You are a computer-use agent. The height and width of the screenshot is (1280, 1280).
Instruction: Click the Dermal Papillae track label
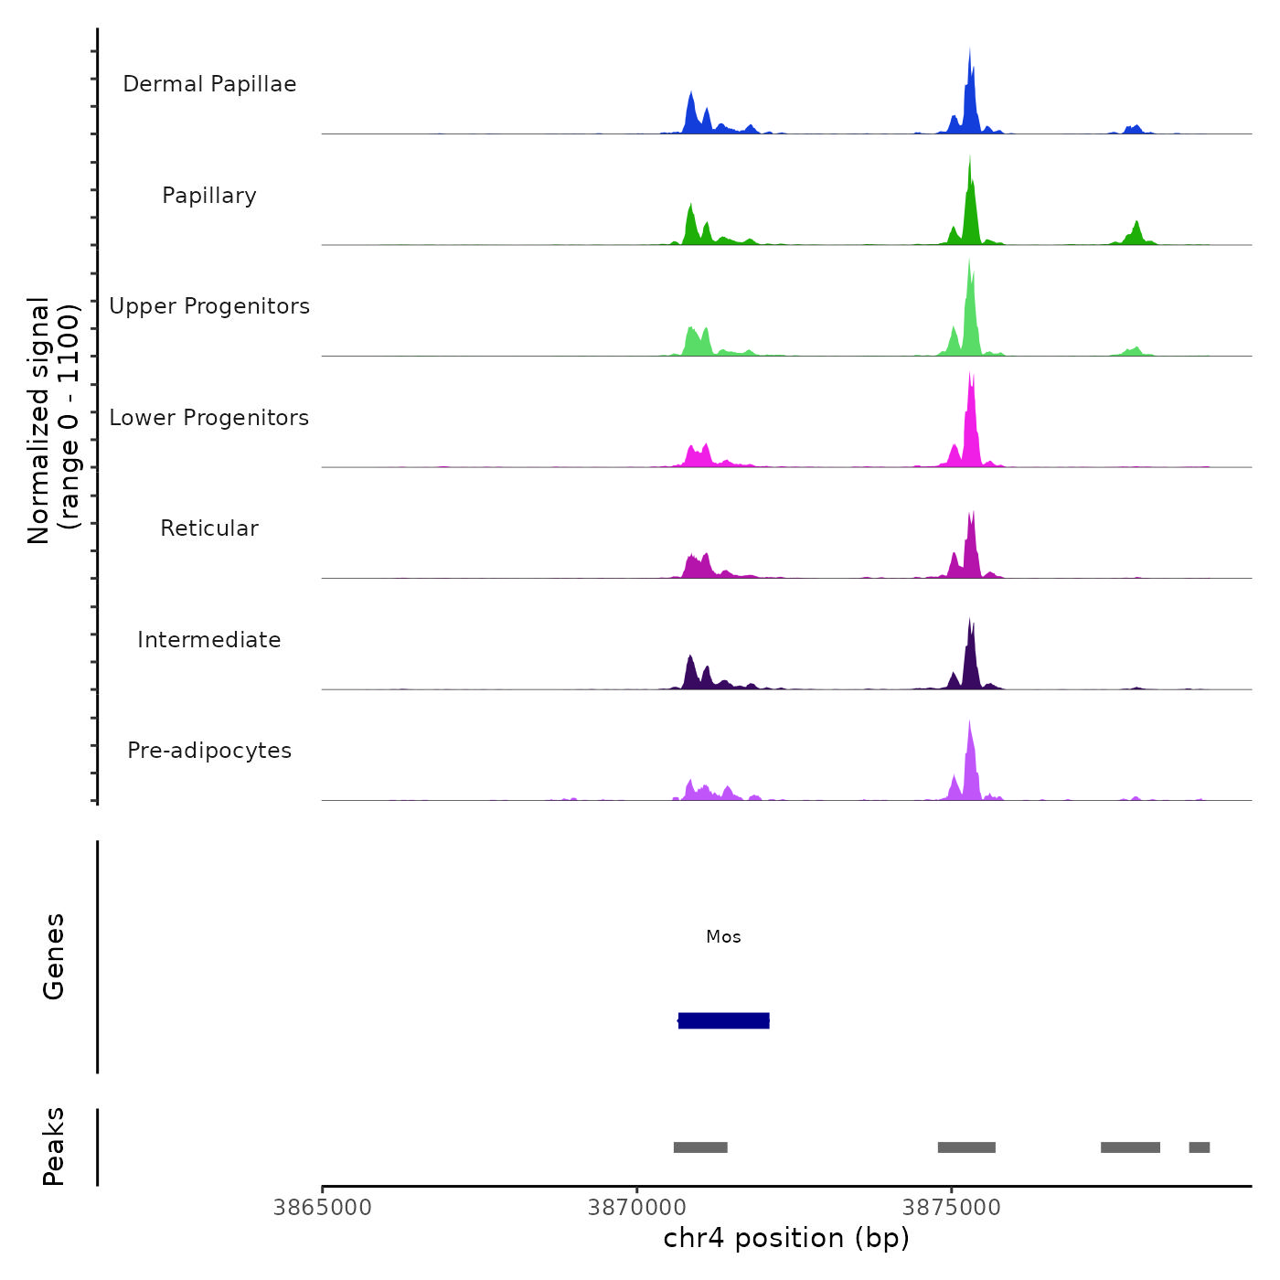[x=209, y=84]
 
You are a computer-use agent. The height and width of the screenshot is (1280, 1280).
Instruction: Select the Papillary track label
[x=209, y=196]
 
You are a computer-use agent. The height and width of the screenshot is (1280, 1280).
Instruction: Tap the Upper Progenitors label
[x=209, y=306]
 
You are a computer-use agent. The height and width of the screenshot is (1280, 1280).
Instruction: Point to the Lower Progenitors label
[x=209, y=418]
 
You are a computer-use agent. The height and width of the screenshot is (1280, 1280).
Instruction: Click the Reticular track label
[x=209, y=528]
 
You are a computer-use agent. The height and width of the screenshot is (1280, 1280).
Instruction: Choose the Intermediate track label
[x=209, y=640]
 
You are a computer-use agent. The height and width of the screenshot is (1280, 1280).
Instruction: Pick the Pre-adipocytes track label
[x=209, y=751]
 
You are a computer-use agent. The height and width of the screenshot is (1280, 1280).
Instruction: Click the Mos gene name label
[x=723, y=937]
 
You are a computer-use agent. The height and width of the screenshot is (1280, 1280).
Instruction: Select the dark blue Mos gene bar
[x=723, y=1020]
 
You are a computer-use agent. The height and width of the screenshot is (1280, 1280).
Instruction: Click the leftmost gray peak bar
[x=700, y=1147]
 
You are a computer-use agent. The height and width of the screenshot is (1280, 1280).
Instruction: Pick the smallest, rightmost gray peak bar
[x=1199, y=1147]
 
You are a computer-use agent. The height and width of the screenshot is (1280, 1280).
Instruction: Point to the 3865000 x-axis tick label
[x=323, y=1208]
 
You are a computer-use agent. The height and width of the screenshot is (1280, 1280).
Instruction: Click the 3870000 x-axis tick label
[x=637, y=1208]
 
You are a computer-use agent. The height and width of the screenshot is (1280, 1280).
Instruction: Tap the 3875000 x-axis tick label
[x=952, y=1208]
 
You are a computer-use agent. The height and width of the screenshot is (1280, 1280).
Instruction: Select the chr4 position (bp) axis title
[x=786, y=1238]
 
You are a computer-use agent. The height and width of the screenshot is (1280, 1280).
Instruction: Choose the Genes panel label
[x=54, y=956]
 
